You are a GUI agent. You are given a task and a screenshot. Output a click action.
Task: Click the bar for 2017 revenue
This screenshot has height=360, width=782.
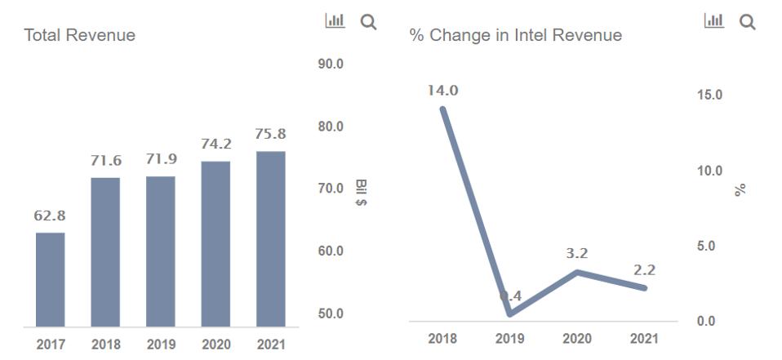click(x=51, y=279)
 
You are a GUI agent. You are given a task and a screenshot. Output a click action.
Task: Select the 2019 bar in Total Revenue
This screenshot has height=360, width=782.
click(x=161, y=251)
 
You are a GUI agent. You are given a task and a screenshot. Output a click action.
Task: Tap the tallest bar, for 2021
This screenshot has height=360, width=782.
click(x=271, y=238)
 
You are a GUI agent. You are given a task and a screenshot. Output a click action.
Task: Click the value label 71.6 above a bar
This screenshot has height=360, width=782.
click(x=106, y=161)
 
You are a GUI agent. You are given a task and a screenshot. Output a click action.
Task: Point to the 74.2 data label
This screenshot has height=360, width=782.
click(x=216, y=144)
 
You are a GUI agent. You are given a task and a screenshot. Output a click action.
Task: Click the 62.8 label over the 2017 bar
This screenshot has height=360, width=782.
click(x=51, y=216)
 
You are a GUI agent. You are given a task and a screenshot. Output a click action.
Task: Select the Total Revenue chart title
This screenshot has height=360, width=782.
click(x=80, y=35)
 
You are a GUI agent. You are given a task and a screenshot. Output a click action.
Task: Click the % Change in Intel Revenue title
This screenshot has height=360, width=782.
click(x=515, y=35)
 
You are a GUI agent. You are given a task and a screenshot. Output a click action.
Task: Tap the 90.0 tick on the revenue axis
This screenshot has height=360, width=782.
click(x=330, y=64)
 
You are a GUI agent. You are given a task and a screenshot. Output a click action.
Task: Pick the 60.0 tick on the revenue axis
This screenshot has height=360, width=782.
click(x=330, y=251)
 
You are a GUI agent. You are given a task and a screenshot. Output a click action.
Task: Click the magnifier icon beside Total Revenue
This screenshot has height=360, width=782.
click(x=368, y=22)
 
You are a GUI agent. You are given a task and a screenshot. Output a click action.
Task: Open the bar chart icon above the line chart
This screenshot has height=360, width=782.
click(x=714, y=21)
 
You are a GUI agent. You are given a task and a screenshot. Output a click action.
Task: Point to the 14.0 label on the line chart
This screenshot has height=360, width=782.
click(x=443, y=91)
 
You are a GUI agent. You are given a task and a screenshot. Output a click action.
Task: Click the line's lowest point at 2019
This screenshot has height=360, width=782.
click(x=510, y=313)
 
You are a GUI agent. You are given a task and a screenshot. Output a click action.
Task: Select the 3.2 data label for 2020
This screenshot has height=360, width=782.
click(x=577, y=254)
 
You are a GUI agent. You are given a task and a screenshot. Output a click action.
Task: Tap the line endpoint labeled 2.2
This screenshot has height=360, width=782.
click(x=645, y=287)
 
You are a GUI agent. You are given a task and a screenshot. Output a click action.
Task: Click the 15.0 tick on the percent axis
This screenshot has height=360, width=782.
click(x=710, y=95)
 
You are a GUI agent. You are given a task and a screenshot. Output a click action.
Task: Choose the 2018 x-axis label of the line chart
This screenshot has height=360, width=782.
click(x=443, y=339)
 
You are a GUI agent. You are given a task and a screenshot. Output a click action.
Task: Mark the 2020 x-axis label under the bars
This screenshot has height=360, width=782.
click(x=216, y=344)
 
